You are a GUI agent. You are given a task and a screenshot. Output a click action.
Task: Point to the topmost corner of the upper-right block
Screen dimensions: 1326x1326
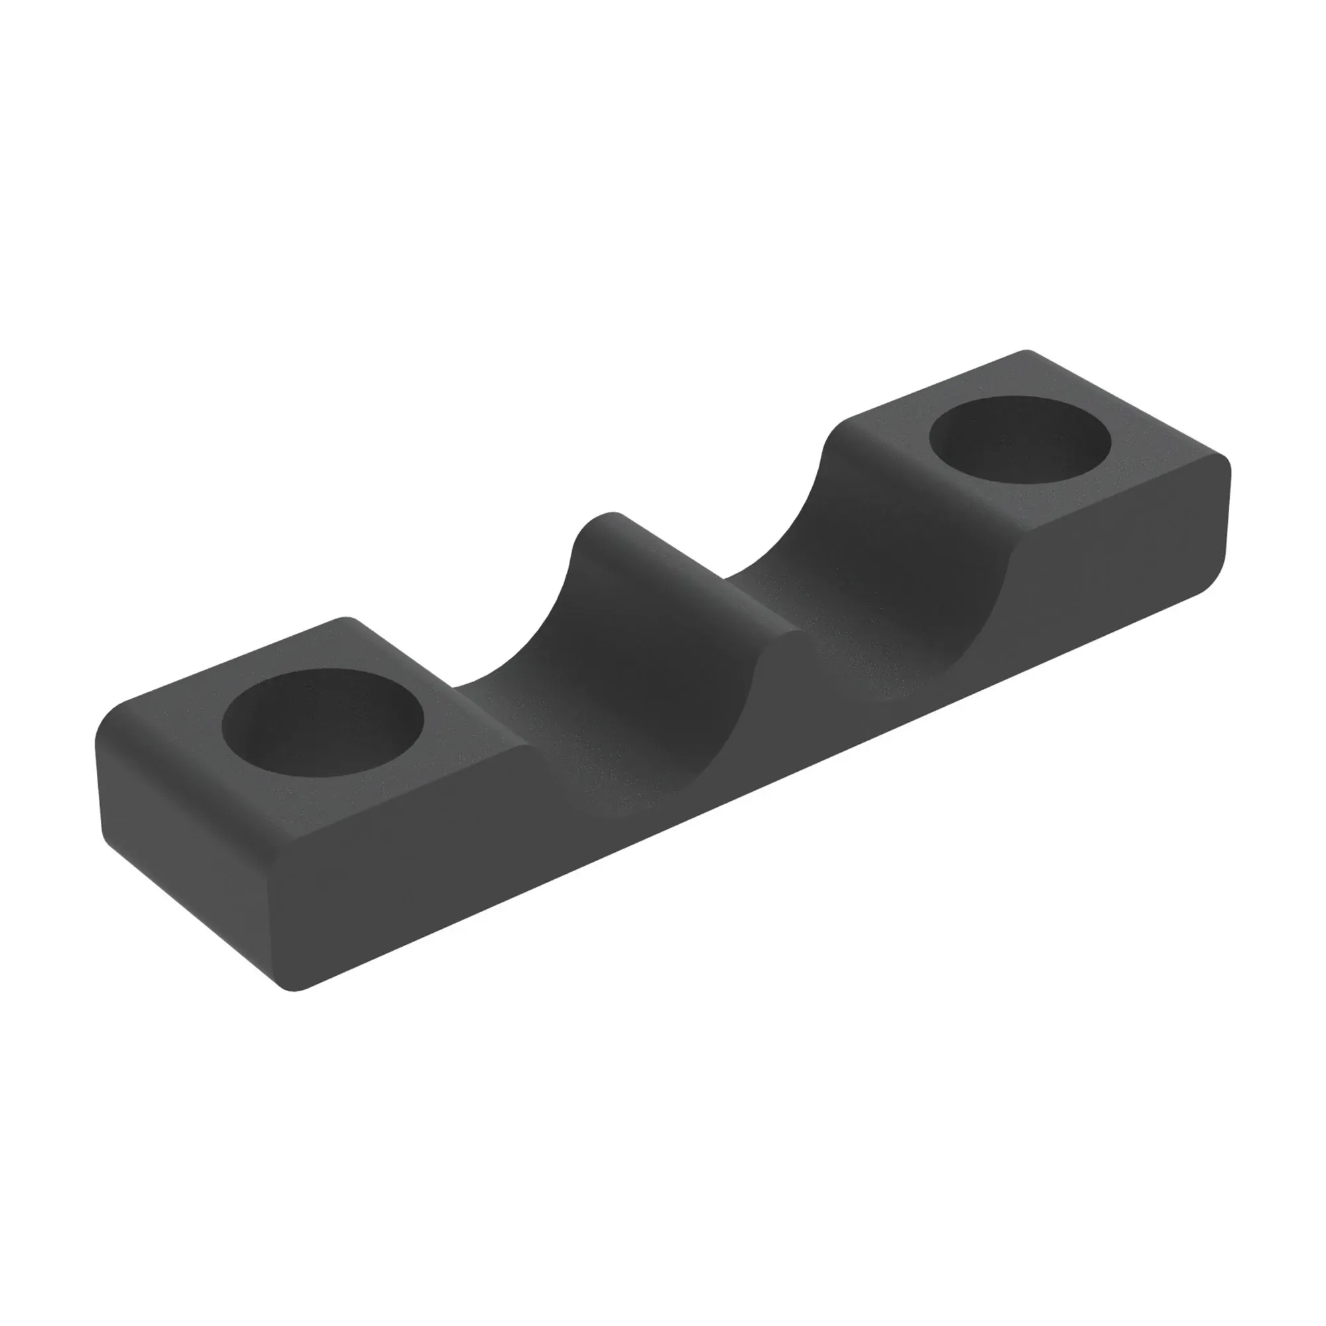pos(1026,354)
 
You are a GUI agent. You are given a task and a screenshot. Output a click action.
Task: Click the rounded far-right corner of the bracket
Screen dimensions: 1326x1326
pos(1222,522)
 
